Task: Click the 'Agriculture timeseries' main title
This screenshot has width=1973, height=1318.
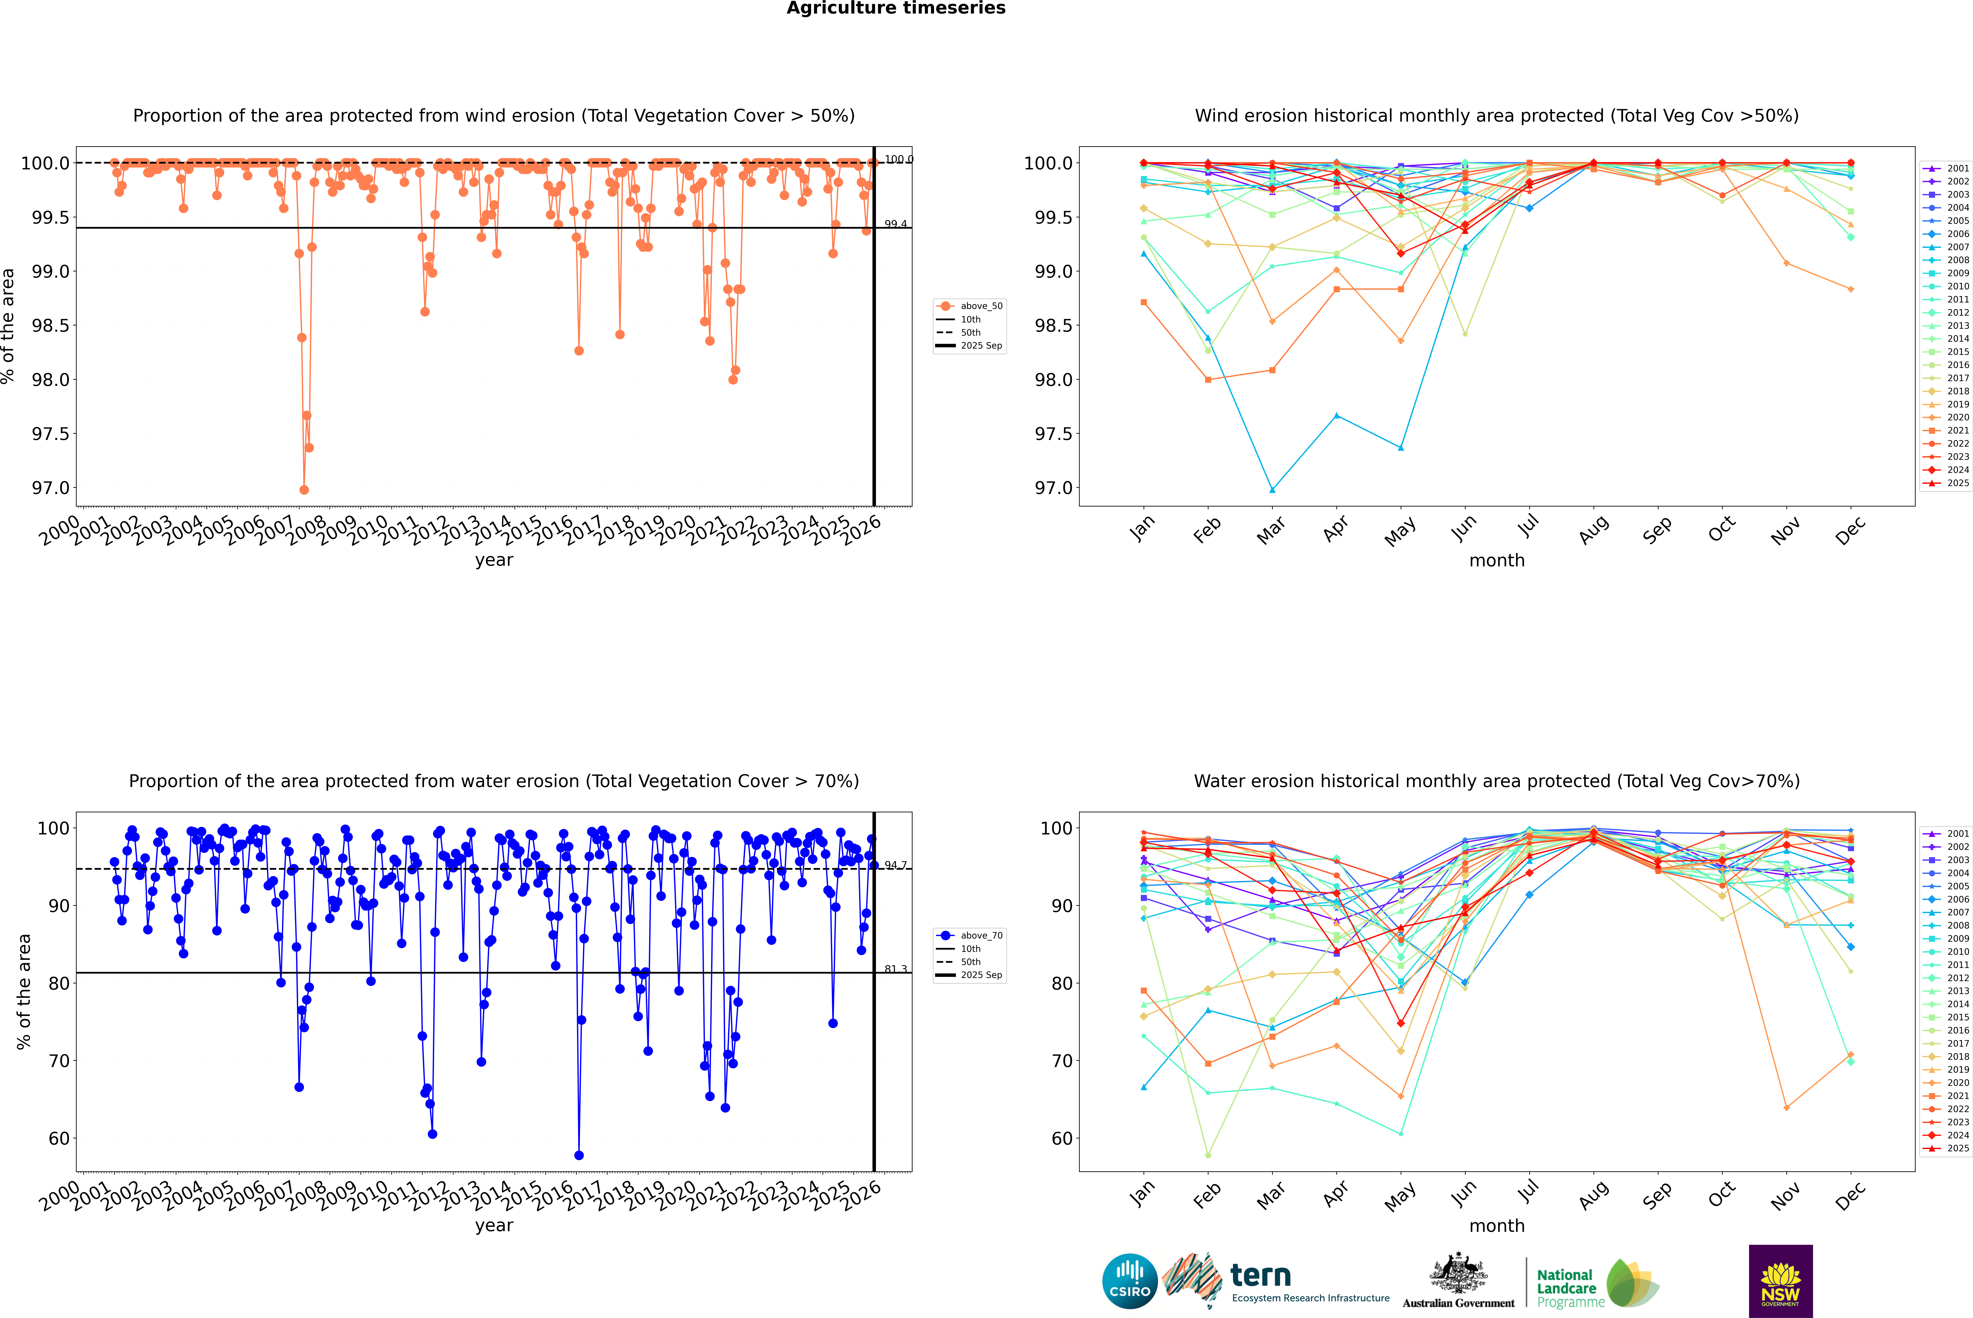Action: tap(896, 8)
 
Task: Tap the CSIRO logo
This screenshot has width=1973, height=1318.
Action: tap(1130, 1281)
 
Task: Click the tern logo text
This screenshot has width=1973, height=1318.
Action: tap(1260, 1275)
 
